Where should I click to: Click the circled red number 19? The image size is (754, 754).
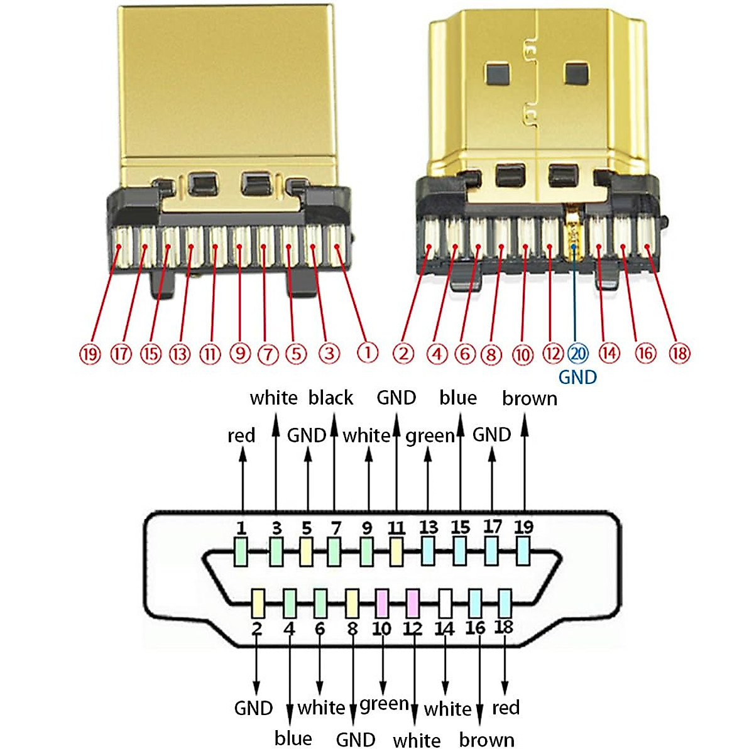pos(90,354)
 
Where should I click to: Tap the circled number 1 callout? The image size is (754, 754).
pos(368,352)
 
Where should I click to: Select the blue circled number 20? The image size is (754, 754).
pos(577,354)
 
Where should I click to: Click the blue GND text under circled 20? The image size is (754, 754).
pos(577,377)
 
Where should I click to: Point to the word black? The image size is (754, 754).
pos(331,398)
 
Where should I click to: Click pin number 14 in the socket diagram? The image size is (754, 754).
pos(444,628)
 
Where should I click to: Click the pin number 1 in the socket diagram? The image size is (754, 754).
pos(241,528)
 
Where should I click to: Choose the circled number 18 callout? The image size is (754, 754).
pos(679,354)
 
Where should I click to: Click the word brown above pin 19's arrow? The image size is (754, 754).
pos(530,398)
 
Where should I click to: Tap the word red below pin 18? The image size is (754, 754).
pos(506,708)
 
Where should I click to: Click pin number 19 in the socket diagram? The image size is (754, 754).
pos(523,527)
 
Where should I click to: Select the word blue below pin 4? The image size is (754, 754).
pos(293,738)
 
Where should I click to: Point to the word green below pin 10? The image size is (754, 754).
pos(384,704)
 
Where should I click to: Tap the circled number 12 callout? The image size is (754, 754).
pos(552,354)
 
